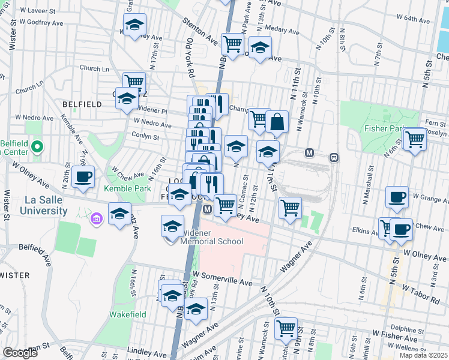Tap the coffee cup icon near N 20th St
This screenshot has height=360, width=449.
coord(83,177)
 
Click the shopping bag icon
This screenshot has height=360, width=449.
coord(277,122)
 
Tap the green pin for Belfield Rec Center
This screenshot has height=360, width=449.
coord(37,146)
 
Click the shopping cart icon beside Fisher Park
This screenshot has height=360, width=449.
coord(415,140)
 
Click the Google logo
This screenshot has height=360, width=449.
coord(20,353)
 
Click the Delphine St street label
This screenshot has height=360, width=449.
coord(405,329)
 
